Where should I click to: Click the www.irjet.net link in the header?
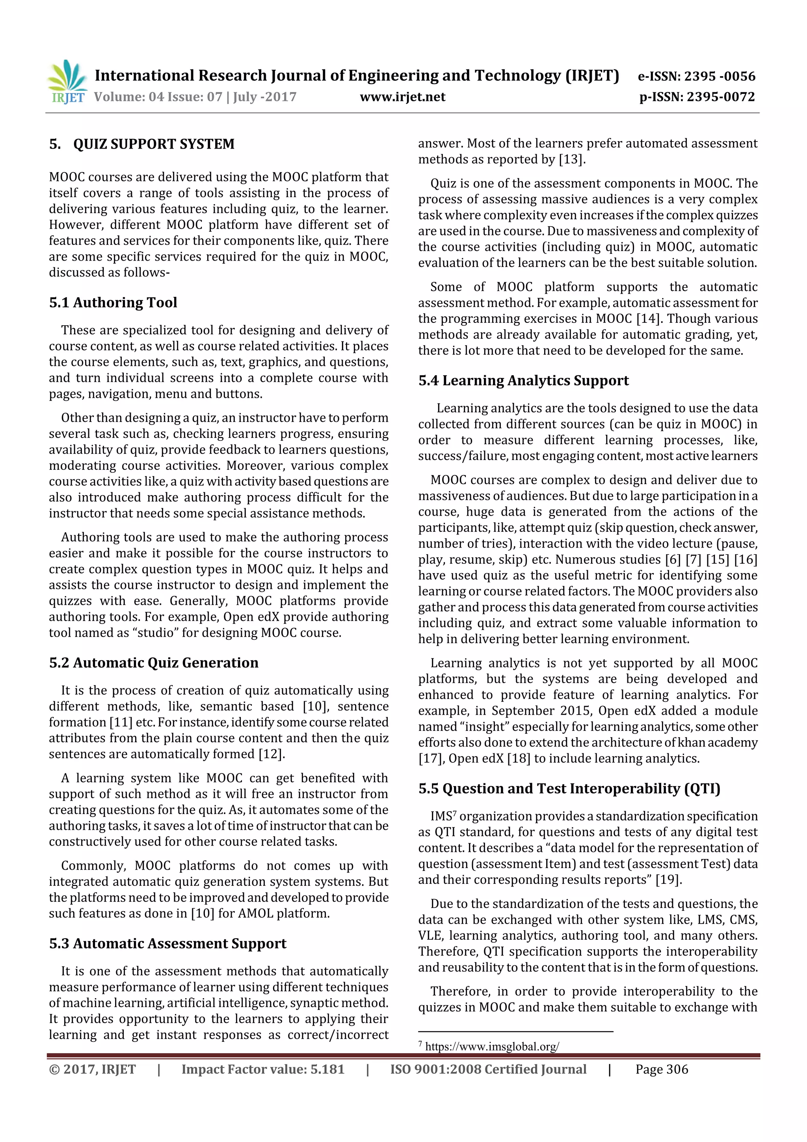[x=402, y=97]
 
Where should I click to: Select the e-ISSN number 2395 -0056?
[x=720, y=76]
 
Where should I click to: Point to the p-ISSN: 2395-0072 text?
[x=697, y=97]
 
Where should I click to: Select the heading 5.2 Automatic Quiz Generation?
[x=154, y=663]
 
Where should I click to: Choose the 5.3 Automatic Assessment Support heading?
[x=167, y=944]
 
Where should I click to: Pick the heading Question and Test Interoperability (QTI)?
[x=581, y=788]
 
